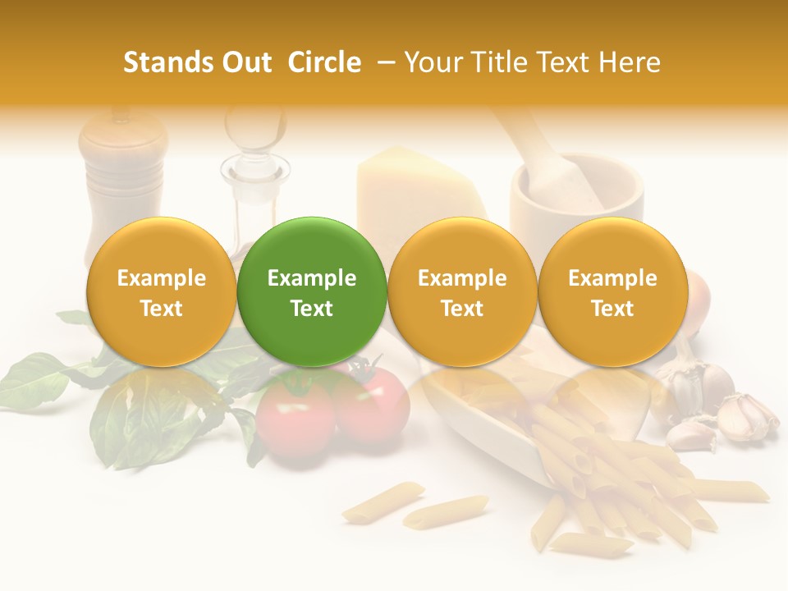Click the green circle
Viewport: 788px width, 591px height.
[312, 291]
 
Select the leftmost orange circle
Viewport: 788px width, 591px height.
[161, 291]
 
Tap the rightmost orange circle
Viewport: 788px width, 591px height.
[612, 291]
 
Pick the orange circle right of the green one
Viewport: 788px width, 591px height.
[462, 291]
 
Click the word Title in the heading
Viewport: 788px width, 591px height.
[491, 62]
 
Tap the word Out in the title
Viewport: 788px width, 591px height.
[244, 62]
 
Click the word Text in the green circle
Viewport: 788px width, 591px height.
[312, 309]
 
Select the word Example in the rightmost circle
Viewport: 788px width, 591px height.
[612, 278]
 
